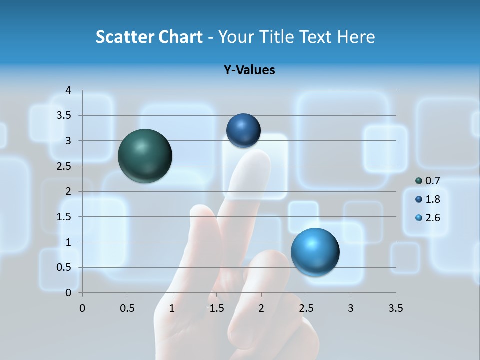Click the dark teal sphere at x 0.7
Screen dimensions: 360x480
[x=145, y=156]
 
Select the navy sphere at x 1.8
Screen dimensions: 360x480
[x=243, y=131]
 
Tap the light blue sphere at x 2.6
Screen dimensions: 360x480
[x=315, y=252]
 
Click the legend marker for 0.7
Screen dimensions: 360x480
[x=419, y=181]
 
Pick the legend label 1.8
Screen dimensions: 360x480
[x=432, y=199]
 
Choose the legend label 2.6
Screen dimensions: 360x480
[x=432, y=218]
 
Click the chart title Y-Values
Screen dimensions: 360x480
[x=249, y=70]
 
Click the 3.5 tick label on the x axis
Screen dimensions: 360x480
[x=395, y=308]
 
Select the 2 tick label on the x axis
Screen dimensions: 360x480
[x=261, y=308]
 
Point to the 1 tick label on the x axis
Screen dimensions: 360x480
[x=172, y=308]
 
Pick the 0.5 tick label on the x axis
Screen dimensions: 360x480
[x=127, y=308]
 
